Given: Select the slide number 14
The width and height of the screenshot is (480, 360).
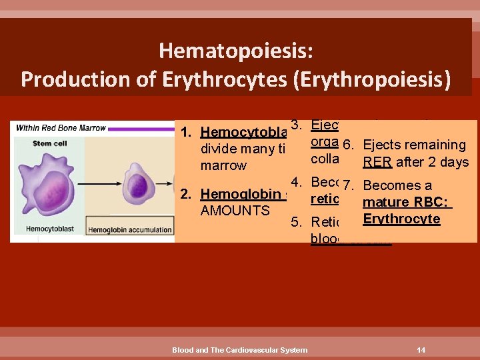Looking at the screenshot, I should [x=421, y=349].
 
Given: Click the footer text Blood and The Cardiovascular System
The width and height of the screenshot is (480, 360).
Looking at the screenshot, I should [x=240, y=349].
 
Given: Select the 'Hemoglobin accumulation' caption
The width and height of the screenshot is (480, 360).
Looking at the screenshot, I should [x=140, y=229].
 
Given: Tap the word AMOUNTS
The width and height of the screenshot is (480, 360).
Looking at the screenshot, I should [x=235, y=211].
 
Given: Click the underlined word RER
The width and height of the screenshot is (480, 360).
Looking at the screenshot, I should [x=377, y=161].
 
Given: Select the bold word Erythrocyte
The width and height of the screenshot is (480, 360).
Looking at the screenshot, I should [x=401, y=219].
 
